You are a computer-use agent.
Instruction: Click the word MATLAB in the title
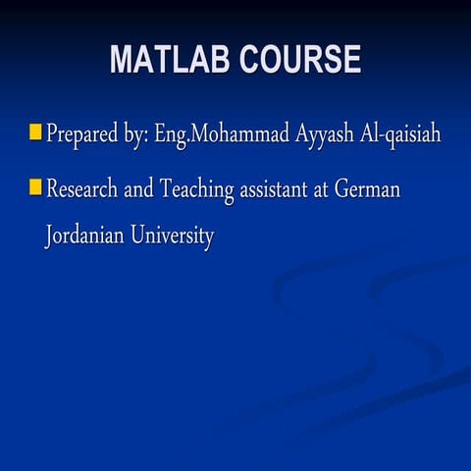coord(168,61)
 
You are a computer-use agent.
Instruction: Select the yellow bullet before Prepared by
coord(35,131)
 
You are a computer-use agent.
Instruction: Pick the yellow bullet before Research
coord(35,186)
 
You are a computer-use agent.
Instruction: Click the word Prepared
coord(80,134)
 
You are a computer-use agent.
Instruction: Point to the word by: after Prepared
coord(134,134)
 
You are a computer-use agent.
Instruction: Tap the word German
coord(367,188)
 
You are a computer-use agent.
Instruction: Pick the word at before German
coord(322,188)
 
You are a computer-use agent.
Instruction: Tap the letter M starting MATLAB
coord(121,61)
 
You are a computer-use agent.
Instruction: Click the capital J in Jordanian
coord(48,238)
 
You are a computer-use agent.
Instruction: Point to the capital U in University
coord(140,236)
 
